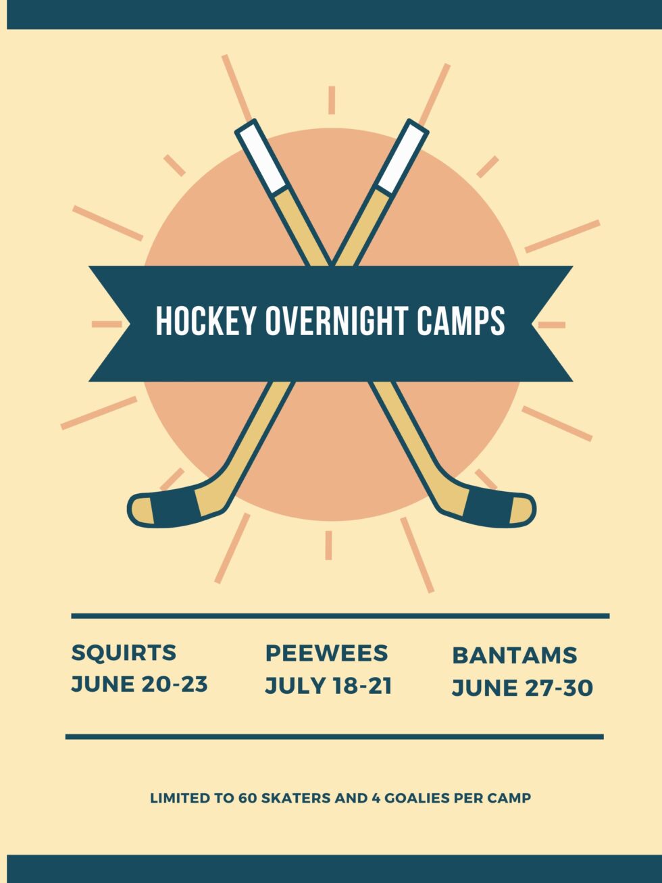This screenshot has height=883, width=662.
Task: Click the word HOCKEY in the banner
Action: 207,321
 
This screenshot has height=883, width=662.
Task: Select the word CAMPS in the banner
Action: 461,321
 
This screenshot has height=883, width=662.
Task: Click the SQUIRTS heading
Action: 124,653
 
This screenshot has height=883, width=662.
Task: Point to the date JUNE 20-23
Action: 139,684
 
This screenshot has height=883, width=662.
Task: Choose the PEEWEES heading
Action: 326,653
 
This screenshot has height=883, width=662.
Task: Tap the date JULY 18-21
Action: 328,686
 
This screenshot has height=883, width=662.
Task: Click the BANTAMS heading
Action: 514,655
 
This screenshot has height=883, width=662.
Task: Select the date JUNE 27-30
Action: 522,688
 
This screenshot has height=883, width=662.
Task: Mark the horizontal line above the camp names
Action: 340,616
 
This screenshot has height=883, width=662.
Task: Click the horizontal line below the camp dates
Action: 334,736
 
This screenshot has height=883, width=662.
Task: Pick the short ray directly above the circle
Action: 332,100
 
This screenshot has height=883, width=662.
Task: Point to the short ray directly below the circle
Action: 328,545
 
